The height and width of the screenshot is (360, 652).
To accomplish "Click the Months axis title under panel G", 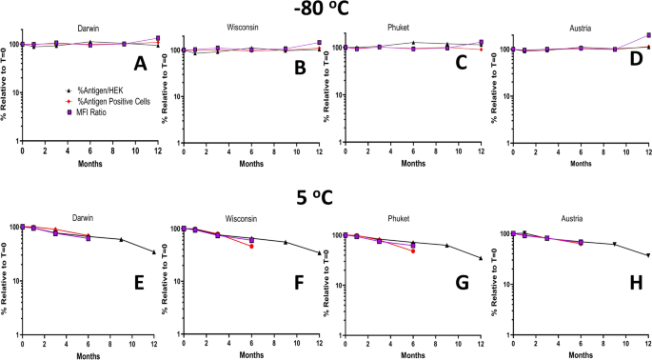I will (x=413, y=352).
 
